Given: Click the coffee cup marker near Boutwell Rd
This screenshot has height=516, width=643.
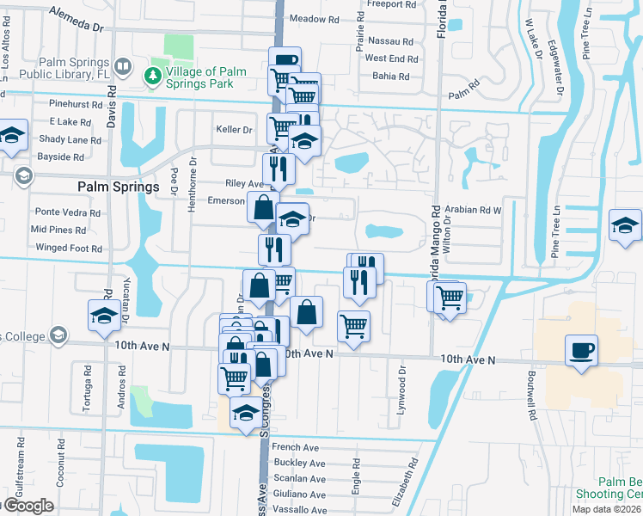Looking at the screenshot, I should click(x=581, y=350).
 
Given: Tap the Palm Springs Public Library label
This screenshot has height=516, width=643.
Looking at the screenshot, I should click(x=74, y=68).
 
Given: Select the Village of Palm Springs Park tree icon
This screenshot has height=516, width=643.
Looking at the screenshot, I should click(x=153, y=76).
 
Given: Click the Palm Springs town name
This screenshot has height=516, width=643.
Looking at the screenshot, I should click(x=119, y=187).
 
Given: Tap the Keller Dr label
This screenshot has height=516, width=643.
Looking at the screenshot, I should click(x=235, y=130).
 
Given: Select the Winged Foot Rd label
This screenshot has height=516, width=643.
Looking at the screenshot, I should click(x=69, y=249).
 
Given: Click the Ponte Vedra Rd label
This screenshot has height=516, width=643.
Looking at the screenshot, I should click(x=67, y=212).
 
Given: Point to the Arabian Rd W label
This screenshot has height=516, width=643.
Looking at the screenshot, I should click(x=473, y=209).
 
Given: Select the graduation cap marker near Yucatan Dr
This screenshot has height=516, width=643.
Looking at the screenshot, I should click(x=104, y=315).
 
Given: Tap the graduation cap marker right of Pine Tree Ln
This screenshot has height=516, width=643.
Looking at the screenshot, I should click(x=624, y=225).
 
